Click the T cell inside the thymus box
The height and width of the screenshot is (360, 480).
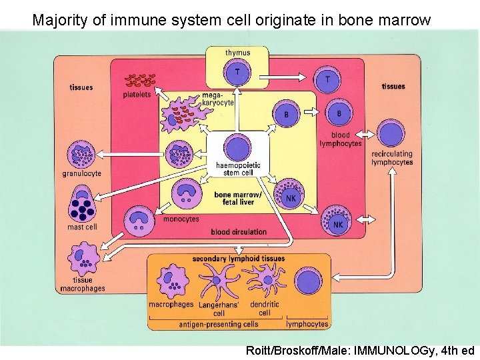[238, 72]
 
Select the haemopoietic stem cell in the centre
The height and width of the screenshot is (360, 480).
[237, 148]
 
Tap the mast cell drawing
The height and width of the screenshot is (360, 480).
[83, 207]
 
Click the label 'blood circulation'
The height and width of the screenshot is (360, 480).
[239, 232]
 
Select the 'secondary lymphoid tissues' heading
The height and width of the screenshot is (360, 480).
[238, 259]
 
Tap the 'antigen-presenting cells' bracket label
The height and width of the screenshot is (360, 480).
[218, 324]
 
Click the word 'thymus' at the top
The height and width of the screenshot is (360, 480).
[238, 52]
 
